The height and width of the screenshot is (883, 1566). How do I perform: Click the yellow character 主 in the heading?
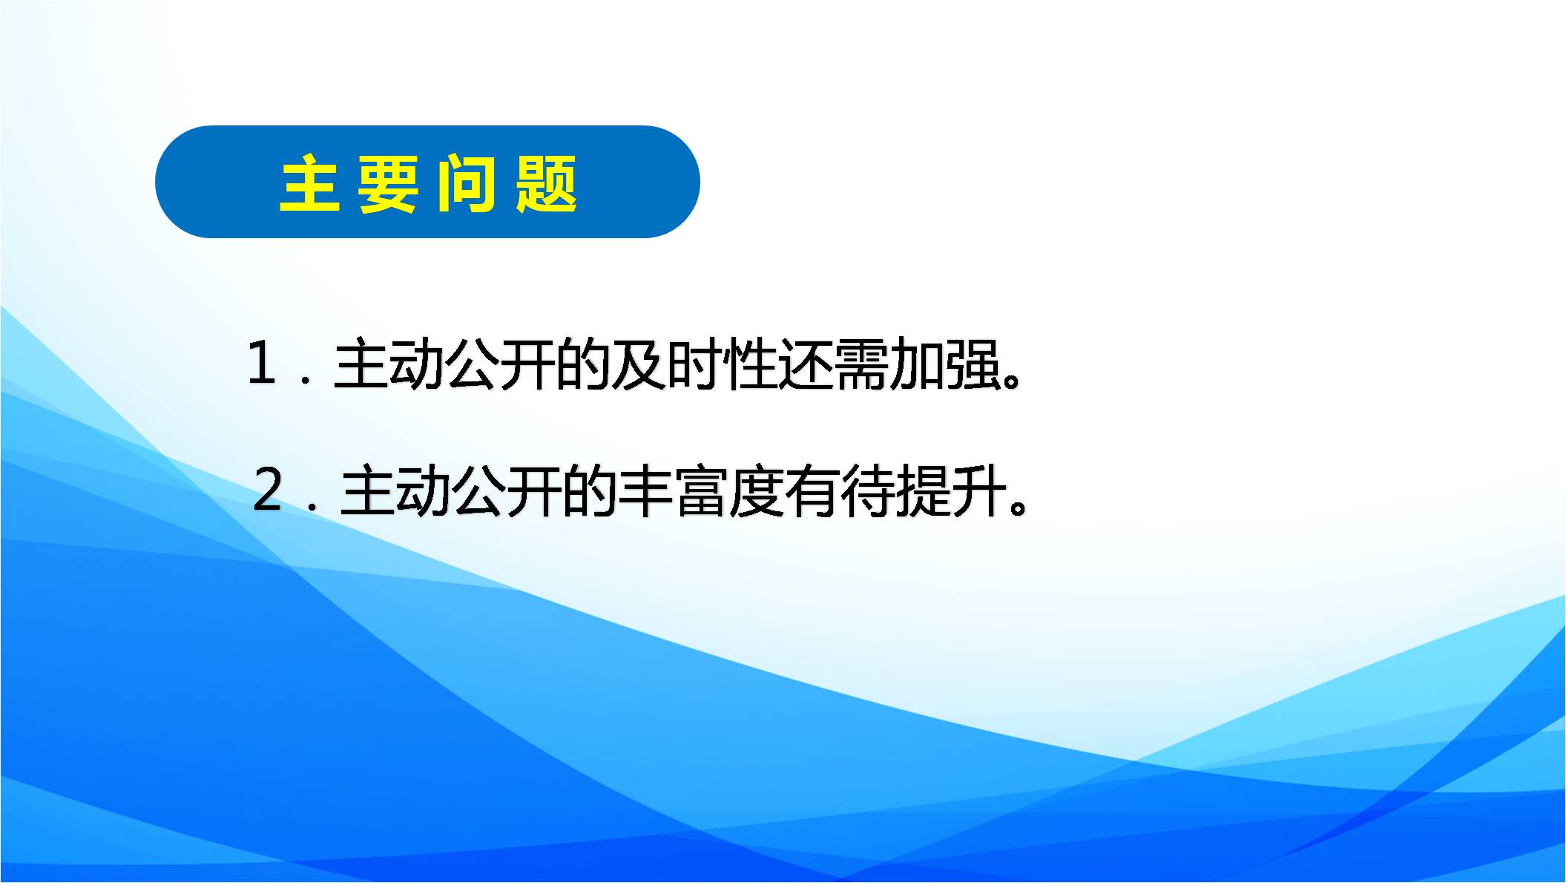click(x=310, y=184)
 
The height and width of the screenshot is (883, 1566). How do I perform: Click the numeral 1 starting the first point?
click(x=262, y=364)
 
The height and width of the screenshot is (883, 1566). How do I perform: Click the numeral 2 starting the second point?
click(x=268, y=490)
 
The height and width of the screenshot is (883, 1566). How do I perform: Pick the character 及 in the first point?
click(x=638, y=365)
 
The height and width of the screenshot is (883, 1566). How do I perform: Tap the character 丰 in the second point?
click(x=645, y=491)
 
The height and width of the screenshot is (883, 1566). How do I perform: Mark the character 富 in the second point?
click(x=701, y=491)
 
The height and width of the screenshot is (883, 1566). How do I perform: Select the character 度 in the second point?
click(x=757, y=491)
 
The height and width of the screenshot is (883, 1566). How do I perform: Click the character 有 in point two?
click(x=812, y=491)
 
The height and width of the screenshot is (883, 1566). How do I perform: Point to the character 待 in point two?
click(x=868, y=491)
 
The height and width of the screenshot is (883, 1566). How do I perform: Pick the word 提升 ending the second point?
click(x=952, y=491)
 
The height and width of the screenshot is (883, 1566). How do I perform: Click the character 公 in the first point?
click(x=472, y=365)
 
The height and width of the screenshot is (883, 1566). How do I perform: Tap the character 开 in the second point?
click(x=534, y=491)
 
